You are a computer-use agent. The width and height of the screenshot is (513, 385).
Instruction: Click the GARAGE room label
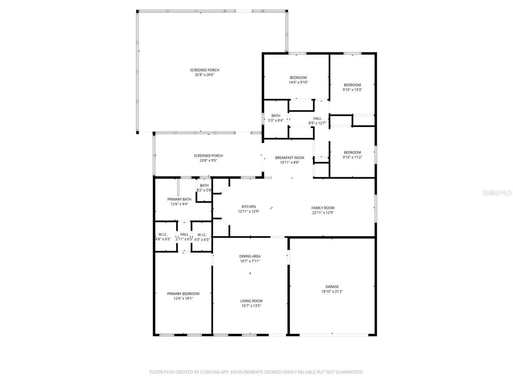332,287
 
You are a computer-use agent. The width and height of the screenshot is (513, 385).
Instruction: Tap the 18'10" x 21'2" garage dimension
332,292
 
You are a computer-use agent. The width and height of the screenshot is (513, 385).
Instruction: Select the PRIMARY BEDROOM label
183,294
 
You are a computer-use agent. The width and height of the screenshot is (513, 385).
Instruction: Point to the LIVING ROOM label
251,301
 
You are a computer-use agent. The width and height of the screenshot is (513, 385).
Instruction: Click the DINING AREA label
250,256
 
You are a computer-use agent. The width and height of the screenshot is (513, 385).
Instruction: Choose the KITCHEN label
248,207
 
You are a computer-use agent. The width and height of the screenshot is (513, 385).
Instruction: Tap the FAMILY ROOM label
323,208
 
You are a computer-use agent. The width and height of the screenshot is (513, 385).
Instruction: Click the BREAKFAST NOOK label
289,158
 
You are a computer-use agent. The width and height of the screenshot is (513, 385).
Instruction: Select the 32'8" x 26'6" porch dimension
204,75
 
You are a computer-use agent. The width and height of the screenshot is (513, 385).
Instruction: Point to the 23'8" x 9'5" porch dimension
208,160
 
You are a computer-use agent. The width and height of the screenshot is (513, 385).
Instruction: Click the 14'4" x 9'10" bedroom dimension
298,82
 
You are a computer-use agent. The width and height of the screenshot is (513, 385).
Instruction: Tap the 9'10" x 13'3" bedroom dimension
352,90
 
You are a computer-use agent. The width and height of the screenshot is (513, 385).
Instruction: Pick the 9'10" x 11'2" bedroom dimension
352,157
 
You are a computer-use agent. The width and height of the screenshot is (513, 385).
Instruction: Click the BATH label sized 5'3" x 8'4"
276,115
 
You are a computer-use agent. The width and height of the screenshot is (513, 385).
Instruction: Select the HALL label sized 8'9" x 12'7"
317,118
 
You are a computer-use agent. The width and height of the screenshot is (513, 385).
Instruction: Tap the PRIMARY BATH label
179,199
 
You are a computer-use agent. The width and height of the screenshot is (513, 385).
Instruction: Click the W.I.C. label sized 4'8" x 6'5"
163,235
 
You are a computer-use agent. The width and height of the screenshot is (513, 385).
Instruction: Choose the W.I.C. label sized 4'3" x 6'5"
202,235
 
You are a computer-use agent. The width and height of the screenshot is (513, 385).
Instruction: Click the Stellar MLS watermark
497,192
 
